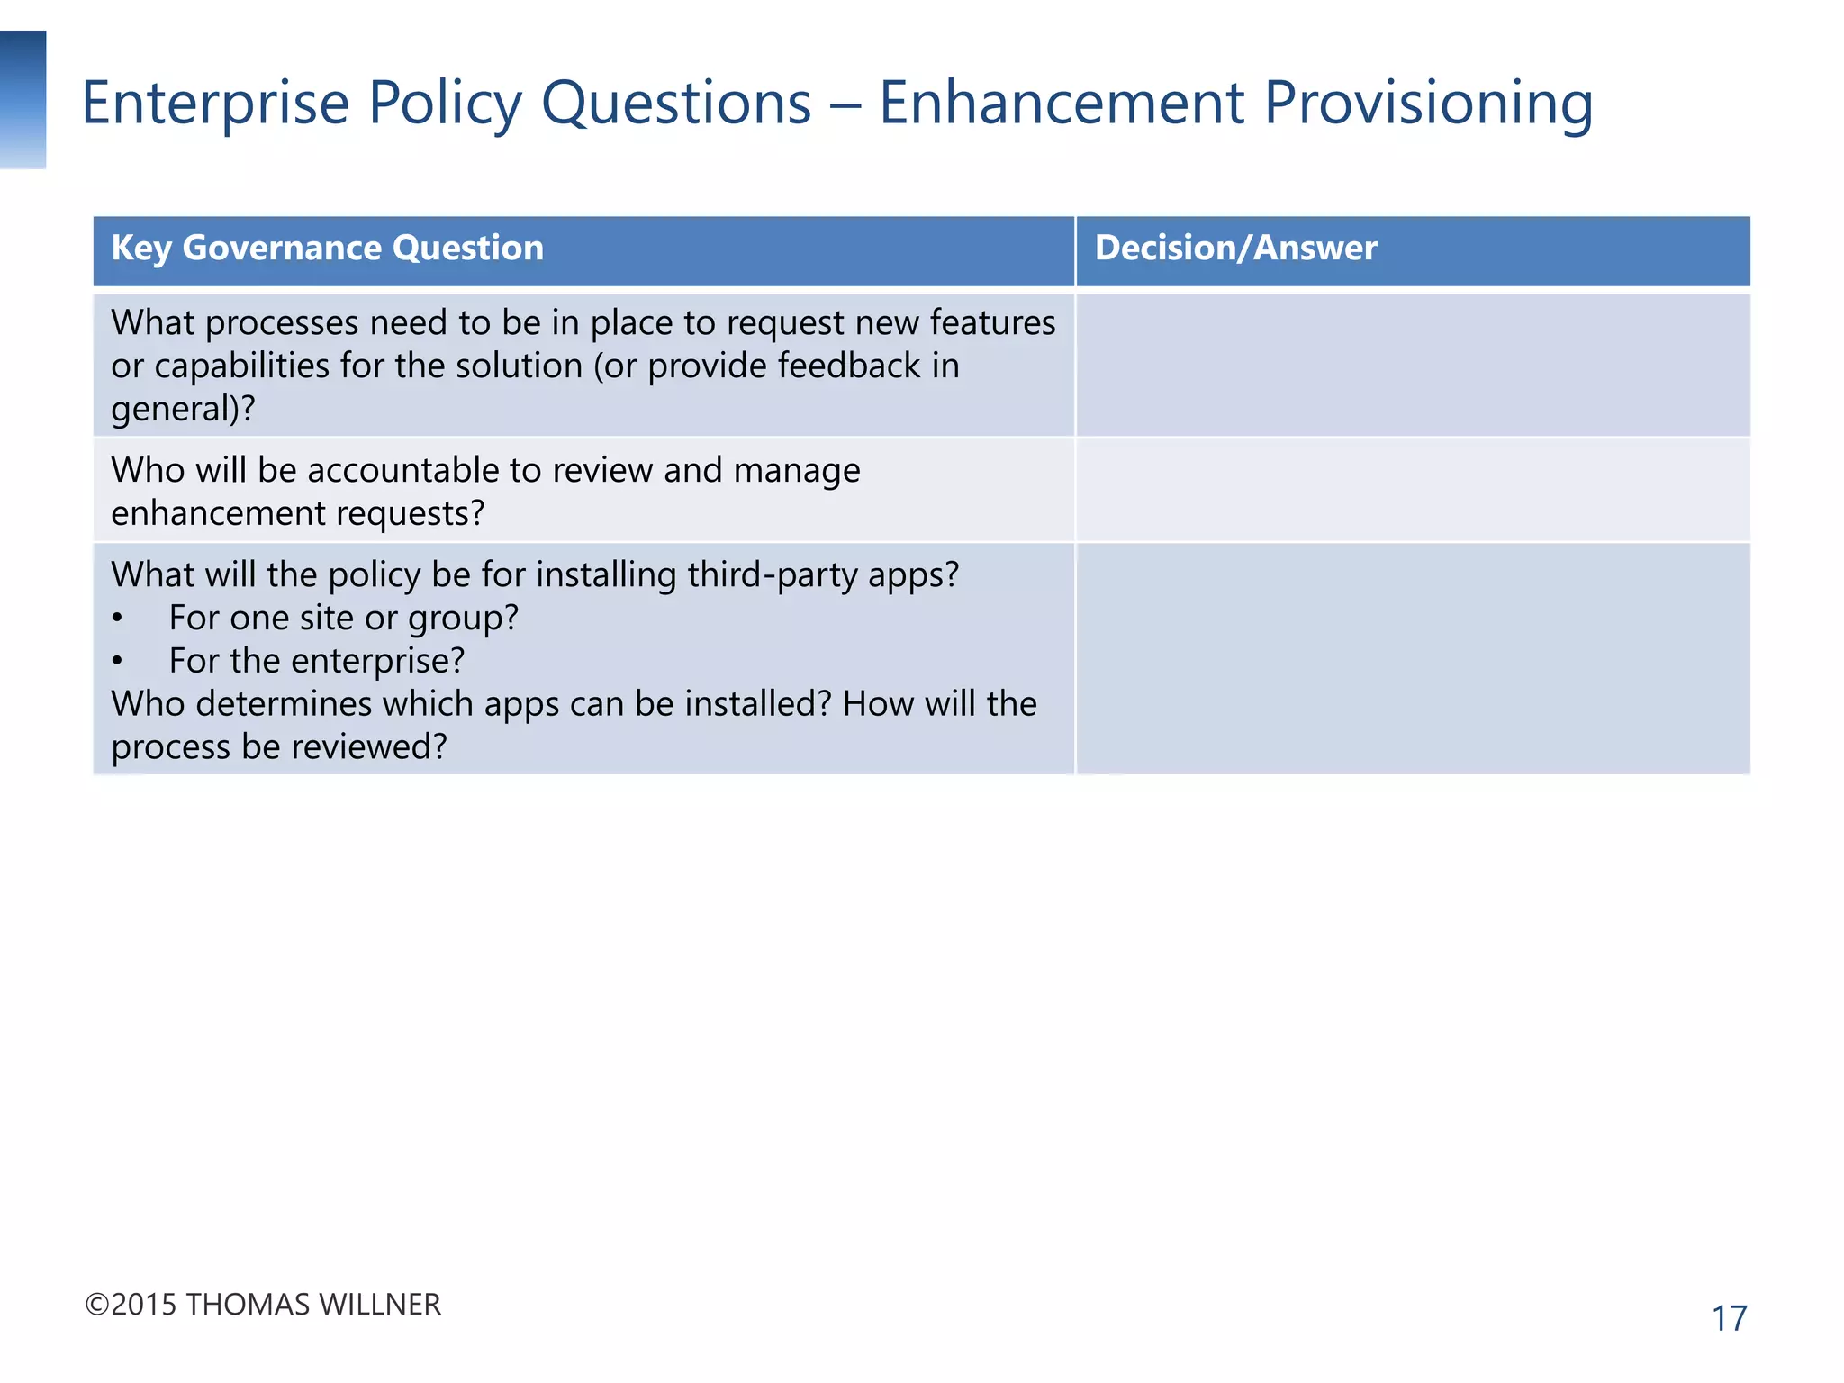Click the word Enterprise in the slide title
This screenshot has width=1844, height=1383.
(x=215, y=103)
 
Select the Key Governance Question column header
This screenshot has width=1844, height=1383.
(x=327, y=249)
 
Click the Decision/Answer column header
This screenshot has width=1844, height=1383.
(x=1235, y=249)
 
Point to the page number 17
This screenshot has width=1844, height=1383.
(x=1728, y=1319)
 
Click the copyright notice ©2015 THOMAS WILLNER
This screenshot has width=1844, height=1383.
(x=263, y=1305)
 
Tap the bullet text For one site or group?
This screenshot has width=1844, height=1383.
(x=343, y=619)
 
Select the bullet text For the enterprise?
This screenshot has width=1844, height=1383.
(x=316, y=662)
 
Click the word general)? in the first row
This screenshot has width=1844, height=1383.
(x=183, y=410)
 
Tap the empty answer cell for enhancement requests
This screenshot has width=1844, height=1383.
(x=1412, y=491)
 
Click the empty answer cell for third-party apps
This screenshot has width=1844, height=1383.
(x=1412, y=659)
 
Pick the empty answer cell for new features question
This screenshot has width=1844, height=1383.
(x=1412, y=366)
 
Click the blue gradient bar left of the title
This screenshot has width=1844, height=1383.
(x=23, y=99)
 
